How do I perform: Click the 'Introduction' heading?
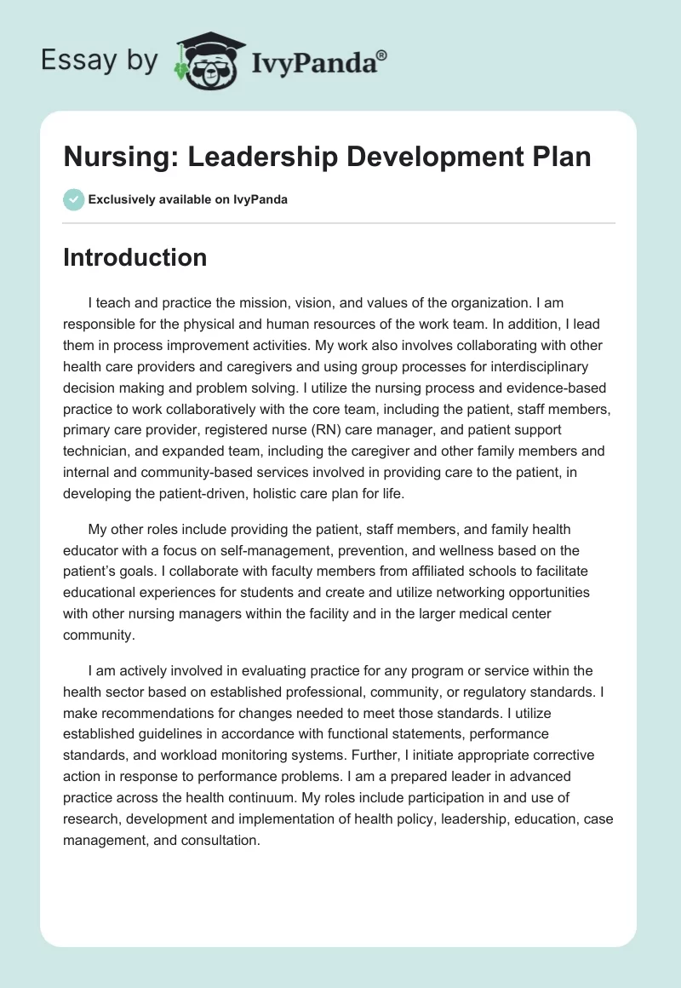[134, 257]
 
